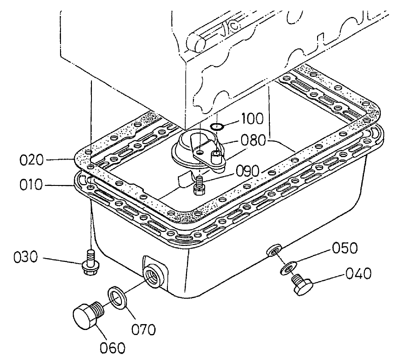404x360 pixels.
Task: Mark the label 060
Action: click(x=112, y=348)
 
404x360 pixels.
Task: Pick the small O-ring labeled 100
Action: click(x=217, y=126)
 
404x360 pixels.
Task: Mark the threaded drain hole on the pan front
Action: click(x=151, y=275)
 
